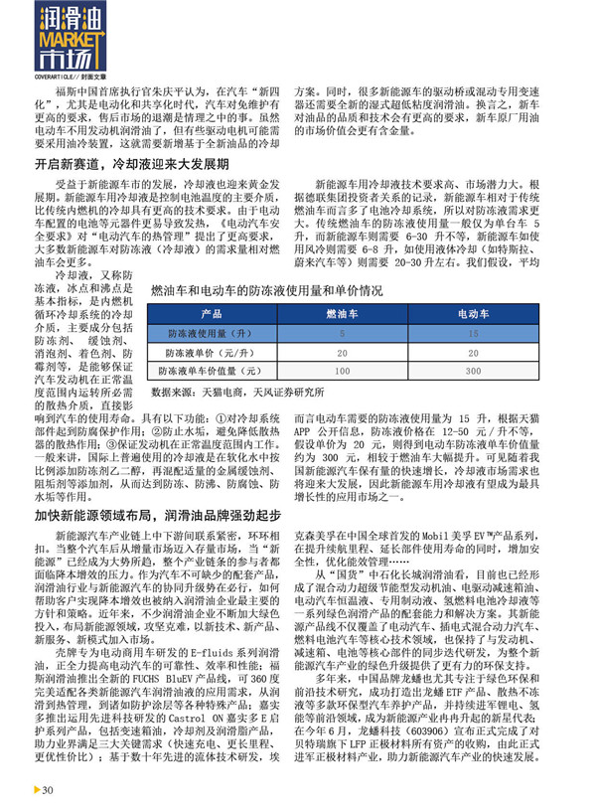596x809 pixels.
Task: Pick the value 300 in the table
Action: point(474,370)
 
